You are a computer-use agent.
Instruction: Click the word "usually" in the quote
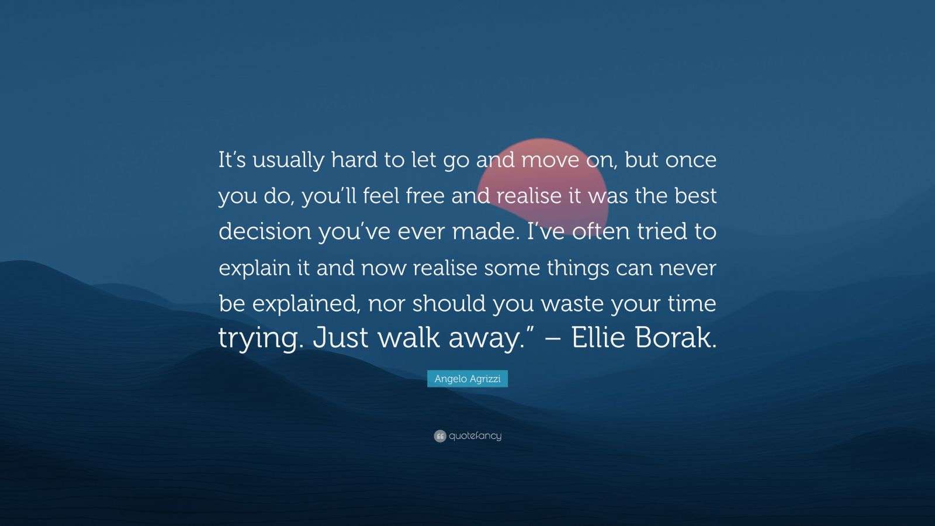[288, 161]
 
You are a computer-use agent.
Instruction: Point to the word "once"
[690, 162]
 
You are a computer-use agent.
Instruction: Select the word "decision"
[265, 231]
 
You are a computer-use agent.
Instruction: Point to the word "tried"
[660, 231]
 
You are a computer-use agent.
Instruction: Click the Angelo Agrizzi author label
[467, 379]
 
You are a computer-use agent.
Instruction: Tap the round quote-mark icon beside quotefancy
[440, 436]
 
